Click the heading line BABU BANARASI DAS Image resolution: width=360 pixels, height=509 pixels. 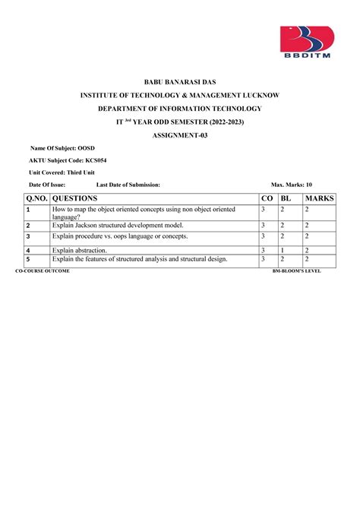[180, 81]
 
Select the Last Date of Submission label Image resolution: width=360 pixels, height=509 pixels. [128, 185]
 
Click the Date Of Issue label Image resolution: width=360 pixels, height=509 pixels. [47, 185]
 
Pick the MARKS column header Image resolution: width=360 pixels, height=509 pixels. [319, 198]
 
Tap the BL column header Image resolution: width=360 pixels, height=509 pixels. [286, 198]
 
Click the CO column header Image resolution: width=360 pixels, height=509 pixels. [266, 198]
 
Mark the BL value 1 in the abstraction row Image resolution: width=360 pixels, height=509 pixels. [283, 249]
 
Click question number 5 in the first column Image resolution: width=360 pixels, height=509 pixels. [27, 260]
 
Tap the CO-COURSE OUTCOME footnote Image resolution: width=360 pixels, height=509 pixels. [43, 270]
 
